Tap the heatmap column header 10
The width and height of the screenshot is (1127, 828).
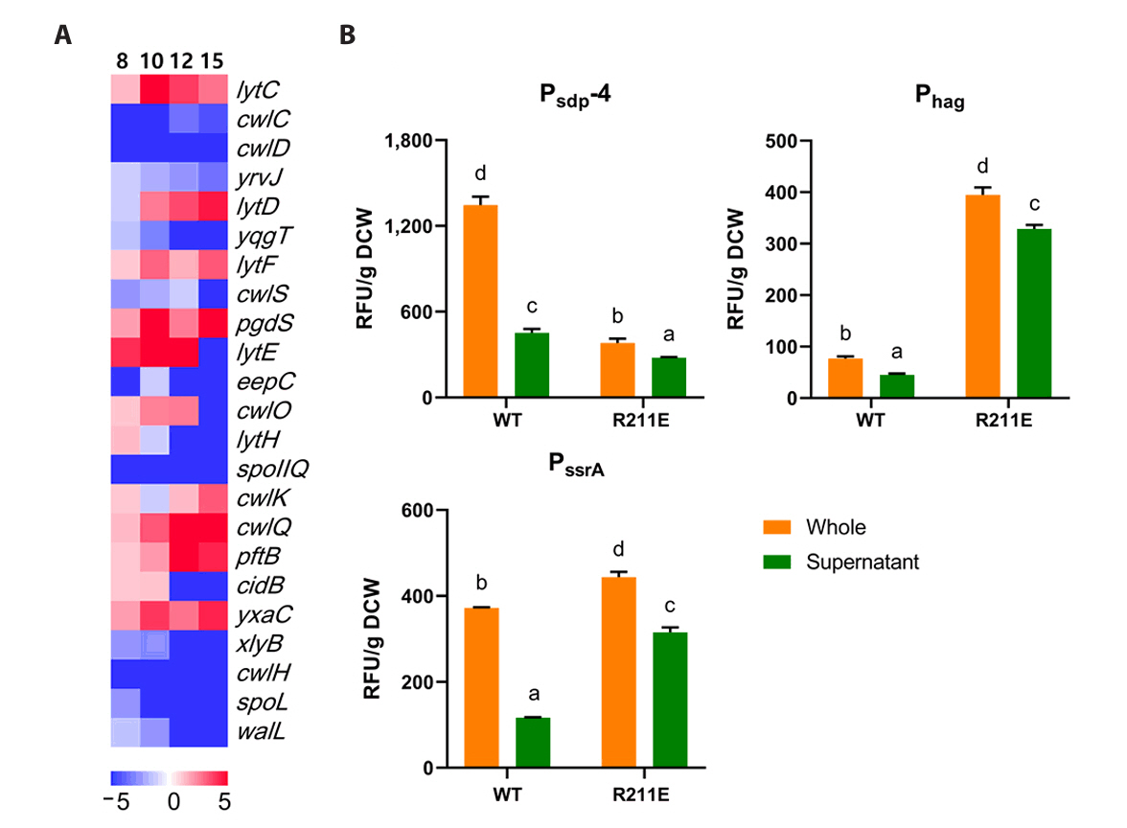[152, 61]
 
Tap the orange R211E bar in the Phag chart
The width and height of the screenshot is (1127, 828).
[984, 296]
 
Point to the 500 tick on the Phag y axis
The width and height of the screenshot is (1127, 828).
[787, 141]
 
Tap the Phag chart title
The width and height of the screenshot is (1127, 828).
[939, 97]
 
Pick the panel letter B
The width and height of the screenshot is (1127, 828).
[348, 35]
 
